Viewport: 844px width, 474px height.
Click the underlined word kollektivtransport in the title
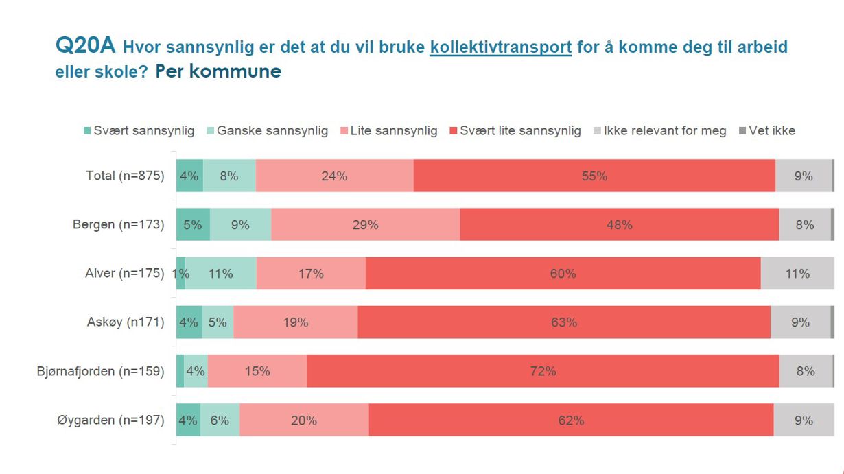coord(500,47)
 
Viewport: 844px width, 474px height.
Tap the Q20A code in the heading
coord(86,46)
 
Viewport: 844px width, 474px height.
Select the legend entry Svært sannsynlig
coord(139,130)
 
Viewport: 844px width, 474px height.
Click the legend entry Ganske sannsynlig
coord(267,130)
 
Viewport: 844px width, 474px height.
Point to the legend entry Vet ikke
coord(766,130)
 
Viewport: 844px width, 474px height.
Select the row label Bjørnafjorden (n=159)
coord(101,371)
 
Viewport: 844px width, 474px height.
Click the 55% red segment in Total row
coord(594,176)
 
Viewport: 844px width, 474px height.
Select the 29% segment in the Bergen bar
coord(365,224)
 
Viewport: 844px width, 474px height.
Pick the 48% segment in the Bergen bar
coord(619,224)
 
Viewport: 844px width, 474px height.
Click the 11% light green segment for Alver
coord(221,273)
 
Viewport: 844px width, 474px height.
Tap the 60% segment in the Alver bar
coord(563,273)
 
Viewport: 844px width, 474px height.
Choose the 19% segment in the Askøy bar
coord(296,322)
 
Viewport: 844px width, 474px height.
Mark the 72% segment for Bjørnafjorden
coord(543,371)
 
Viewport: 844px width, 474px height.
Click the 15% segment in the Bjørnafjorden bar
coord(257,371)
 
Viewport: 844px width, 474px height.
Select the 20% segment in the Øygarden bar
coord(304,420)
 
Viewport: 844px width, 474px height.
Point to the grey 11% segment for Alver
coord(797,273)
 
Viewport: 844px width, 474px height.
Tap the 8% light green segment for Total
coord(229,176)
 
